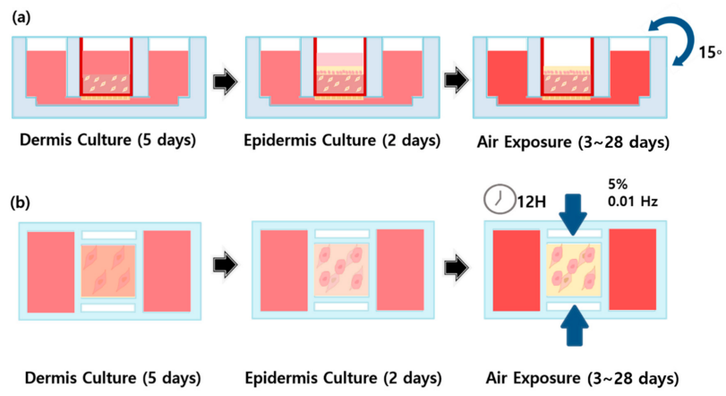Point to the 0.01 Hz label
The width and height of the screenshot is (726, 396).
(x=633, y=202)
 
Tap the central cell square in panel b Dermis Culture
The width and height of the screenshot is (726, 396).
(x=108, y=270)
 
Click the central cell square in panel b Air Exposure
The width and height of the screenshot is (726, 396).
(x=573, y=270)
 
